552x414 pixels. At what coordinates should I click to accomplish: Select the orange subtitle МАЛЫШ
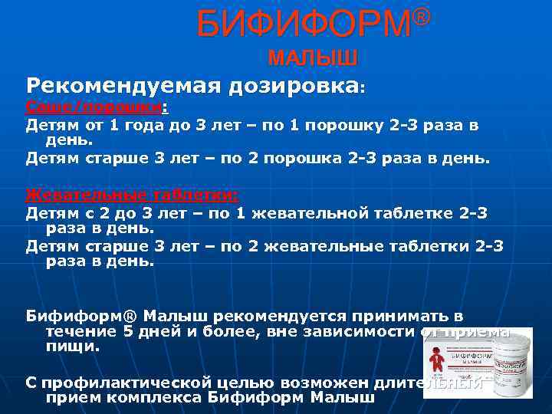click(x=312, y=59)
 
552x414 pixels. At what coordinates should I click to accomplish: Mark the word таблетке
click(x=437, y=212)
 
